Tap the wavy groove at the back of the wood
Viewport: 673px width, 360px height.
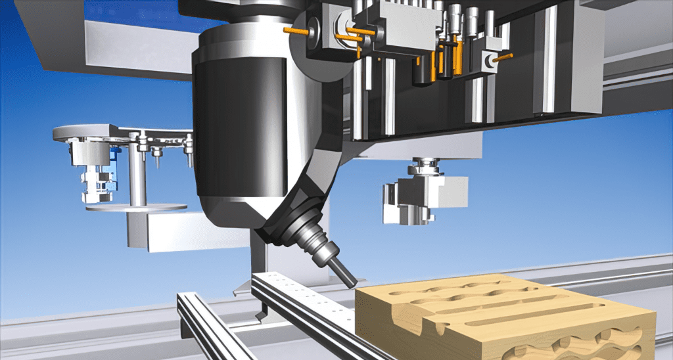473,286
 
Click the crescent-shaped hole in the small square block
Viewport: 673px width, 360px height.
488,60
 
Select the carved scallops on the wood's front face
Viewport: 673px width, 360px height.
578,345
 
